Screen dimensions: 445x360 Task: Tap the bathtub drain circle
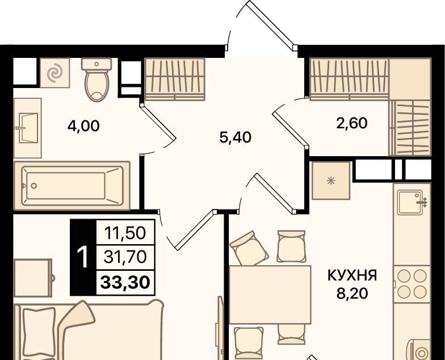tap(34, 186)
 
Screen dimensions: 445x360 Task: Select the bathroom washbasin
tap(28, 128)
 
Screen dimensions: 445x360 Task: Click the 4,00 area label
tap(83, 126)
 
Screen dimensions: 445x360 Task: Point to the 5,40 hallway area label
tap(235, 137)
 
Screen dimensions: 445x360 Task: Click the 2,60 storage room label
tap(352, 123)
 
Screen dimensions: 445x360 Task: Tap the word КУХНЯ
tap(352, 275)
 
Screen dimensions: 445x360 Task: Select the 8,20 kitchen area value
tap(352, 294)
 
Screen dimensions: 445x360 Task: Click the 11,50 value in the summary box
tap(125, 233)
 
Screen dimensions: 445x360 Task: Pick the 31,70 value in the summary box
tap(125, 257)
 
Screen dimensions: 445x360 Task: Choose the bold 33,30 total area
tap(125, 282)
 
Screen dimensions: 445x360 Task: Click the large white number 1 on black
tap(83, 257)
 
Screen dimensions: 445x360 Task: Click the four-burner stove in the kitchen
tap(412, 284)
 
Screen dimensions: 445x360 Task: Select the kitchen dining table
tap(270, 294)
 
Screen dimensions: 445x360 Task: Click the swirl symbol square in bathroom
tap(54, 73)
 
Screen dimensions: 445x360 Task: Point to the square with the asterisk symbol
tap(330, 181)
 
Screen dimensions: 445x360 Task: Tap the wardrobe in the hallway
tap(175, 79)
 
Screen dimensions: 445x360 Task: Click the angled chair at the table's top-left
tap(249, 248)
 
